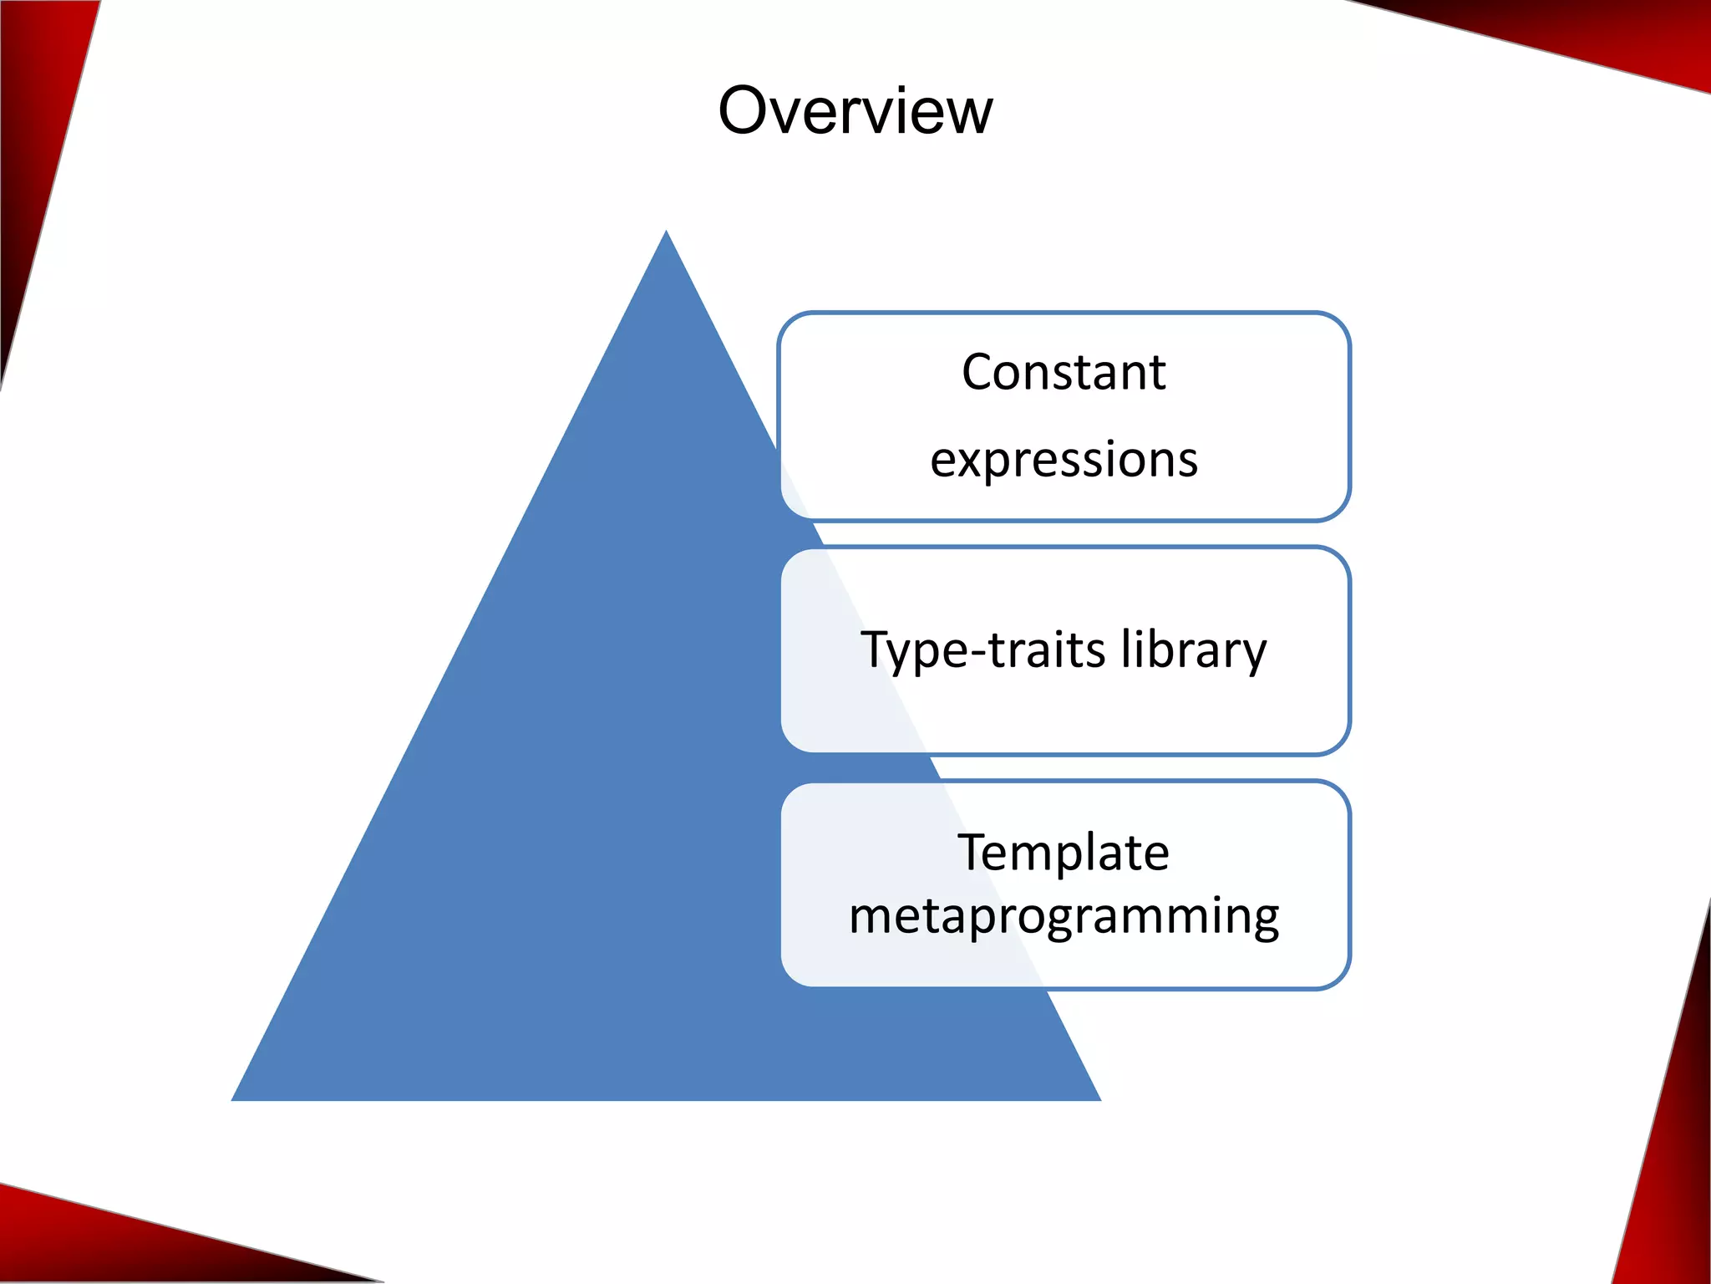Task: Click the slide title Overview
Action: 855,110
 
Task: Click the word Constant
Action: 1064,372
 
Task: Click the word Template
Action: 1064,853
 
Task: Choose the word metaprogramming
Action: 1064,916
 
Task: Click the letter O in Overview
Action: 746,110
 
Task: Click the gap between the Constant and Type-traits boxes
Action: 1064,534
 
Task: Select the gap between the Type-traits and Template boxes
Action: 1064,768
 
